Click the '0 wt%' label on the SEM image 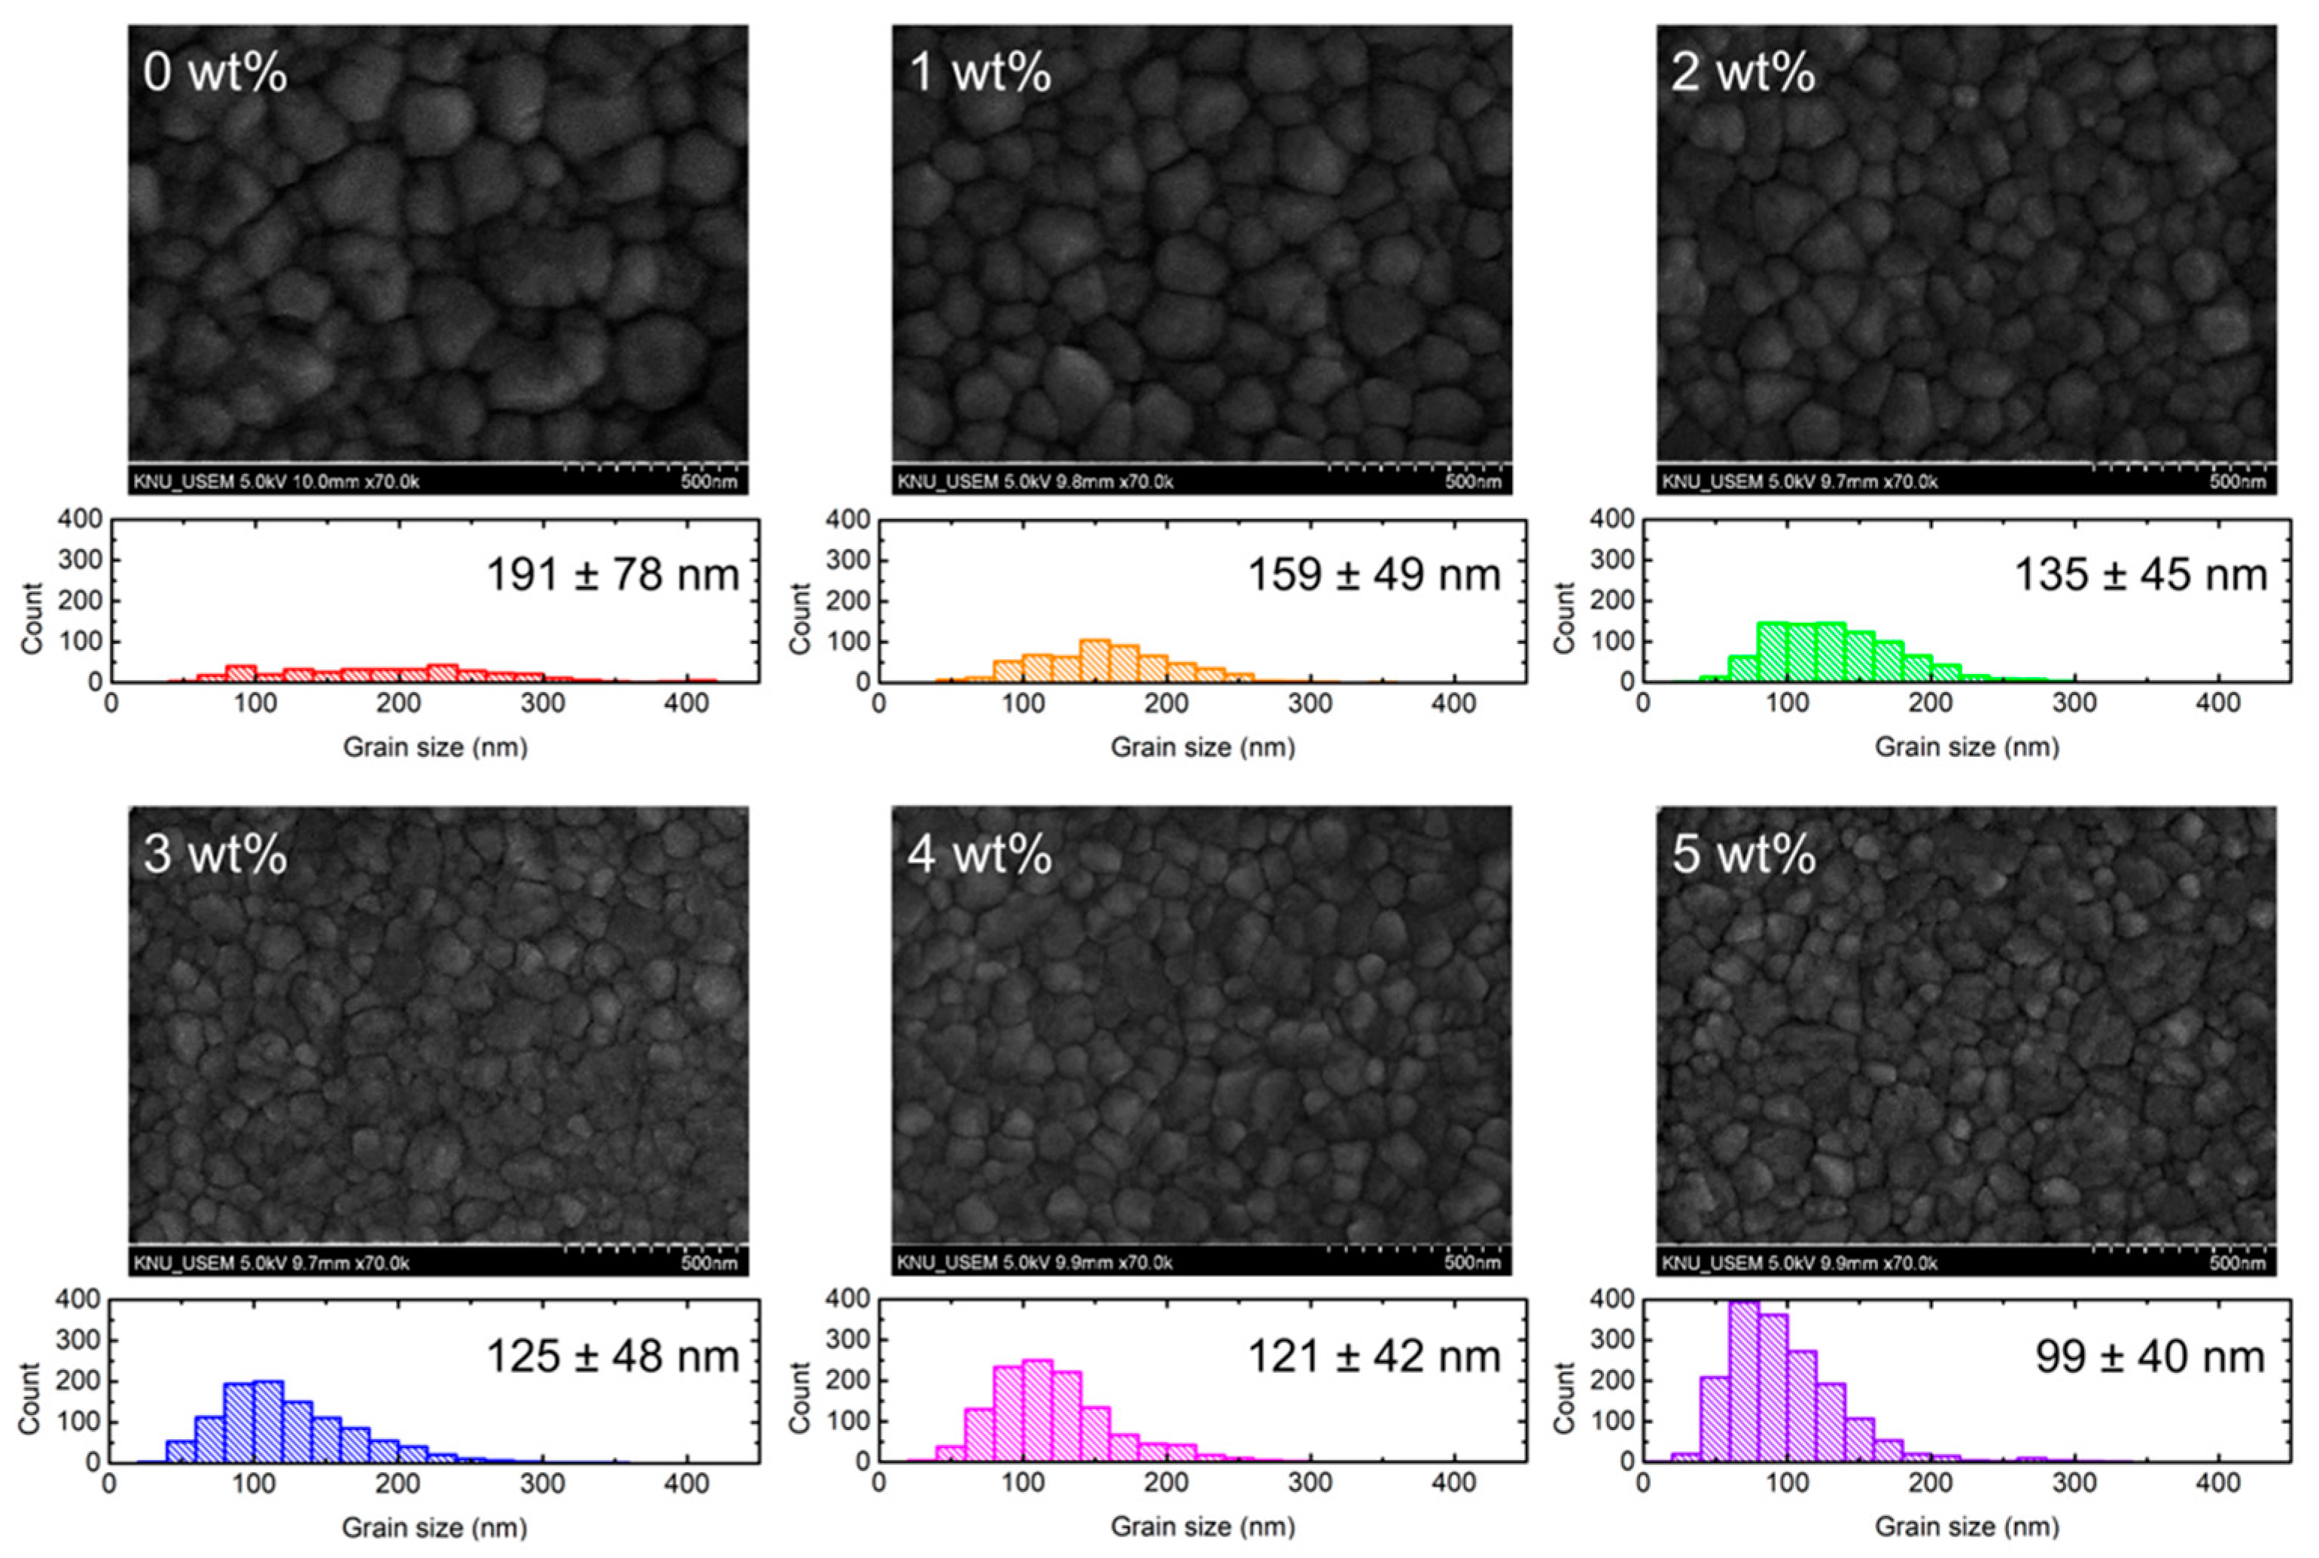[215, 72]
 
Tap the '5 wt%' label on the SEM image [1743, 855]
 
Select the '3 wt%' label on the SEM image [215, 855]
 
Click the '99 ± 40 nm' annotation [2150, 1356]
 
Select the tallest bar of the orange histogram [1094, 661]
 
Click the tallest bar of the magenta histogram [1036, 1411]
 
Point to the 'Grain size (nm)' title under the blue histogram [434, 1527]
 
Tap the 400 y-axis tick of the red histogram [81, 518]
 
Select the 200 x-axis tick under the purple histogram [1931, 1484]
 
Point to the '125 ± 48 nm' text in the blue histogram [613, 1356]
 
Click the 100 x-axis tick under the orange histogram [1022, 703]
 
